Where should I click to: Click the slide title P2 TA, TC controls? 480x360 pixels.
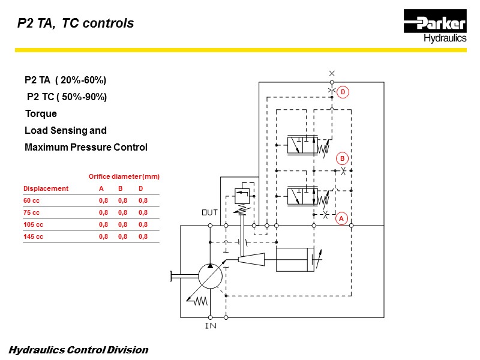pyautogui.click(x=75, y=24)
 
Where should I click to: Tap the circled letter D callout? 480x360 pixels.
pyautogui.click(x=343, y=92)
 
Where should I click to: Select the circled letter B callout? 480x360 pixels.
pyautogui.click(x=342, y=158)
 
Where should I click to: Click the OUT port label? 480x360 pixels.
pyautogui.click(x=209, y=213)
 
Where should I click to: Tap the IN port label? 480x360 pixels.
pyautogui.click(x=211, y=326)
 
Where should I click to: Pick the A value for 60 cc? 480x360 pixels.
pyautogui.click(x=103, y=200)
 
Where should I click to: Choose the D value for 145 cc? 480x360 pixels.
pyautogui.click(x=143, y=236)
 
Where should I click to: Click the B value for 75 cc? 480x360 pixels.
pyautogui.click(x=123, y=212)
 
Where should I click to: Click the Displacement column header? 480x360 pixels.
pyautogui.click(x=46, y=188)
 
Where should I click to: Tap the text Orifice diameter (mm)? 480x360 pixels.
pyautogui.click(x=124, y=176)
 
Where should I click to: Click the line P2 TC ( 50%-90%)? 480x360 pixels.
pyautogui.click(x=67, y=97)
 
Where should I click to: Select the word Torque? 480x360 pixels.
pyautogui.click(x=41, y=113)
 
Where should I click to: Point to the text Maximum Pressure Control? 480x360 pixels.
pyautogui.click(x=86, y=147)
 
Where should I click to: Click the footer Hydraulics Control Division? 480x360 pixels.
pyautogui.click(x=79, y=350)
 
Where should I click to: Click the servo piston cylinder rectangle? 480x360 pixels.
pyautogui.click(x=295, y=259)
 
